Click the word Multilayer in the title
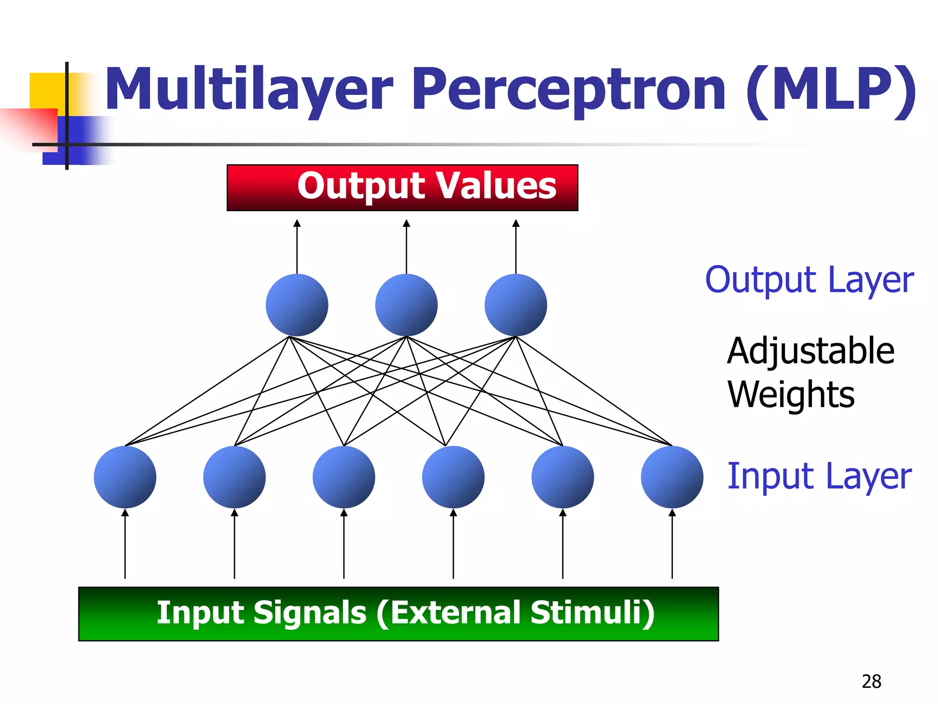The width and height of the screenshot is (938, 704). (x=250, y=89)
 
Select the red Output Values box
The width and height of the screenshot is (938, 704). (x=402, y=187)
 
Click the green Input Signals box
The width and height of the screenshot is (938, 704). (x=398, y=614)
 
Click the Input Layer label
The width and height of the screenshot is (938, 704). (x=819, y=476)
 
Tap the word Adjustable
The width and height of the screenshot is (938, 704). (x=811, y=351)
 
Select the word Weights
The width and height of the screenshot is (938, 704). (x=791, y=394)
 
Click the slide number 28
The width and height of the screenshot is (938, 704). (x=871, y=682)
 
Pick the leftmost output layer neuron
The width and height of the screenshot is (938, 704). (x=297, y=305)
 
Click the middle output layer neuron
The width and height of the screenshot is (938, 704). (x=406, y=305)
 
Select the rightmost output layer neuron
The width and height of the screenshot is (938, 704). (x=516, y=305)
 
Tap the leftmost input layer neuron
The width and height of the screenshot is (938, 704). (x=125, y=477)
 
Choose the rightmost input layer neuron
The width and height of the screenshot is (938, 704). (x=672, y=477)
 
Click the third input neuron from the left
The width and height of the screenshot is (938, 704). (x=344, y=477)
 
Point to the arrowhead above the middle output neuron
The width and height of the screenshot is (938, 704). (x=406, y=223)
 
